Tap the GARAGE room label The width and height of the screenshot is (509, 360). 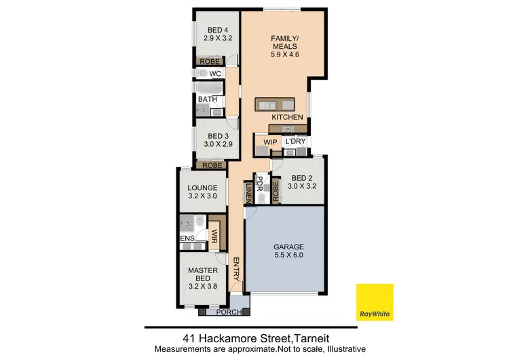[x=288, y=247]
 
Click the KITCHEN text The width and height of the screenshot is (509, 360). [x=287, y=118]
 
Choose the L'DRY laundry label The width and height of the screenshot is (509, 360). [x=296, y=141]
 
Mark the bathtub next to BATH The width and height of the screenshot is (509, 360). [x=206, y=87]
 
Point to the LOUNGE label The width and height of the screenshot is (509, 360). [x=202, y=188]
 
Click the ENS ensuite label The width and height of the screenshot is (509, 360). [x=187, y=239]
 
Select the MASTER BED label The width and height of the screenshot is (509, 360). [x=203, y=274]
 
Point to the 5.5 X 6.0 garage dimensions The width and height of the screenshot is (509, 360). [x=288, y=257]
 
